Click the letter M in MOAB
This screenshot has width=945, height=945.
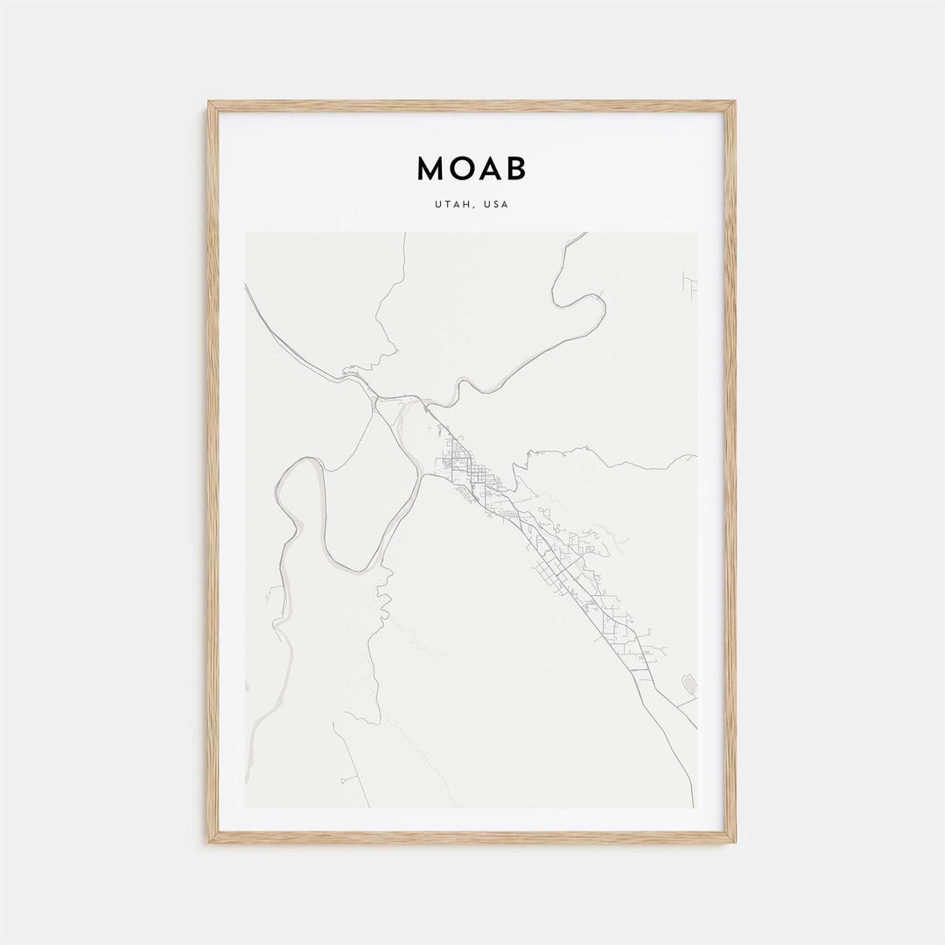click(431, 169)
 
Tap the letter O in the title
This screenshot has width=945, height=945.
click(460, 169)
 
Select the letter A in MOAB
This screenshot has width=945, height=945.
click(487, 169)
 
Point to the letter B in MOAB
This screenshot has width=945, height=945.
click(515, 169)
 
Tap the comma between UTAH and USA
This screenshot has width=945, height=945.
click(475, 207)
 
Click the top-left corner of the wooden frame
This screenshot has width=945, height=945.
click(211, 104)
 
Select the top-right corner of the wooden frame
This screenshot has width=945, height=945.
click(732, 104)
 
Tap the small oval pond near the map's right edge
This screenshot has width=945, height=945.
click(688, 683)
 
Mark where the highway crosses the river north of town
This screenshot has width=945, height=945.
click(427, 408)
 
